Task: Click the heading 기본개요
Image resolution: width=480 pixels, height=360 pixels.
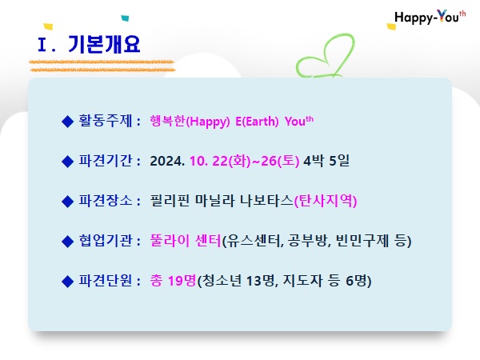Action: [104, 44]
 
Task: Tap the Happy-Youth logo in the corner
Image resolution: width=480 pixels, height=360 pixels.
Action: [430, 17]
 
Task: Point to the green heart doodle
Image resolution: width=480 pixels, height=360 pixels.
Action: [326, 56]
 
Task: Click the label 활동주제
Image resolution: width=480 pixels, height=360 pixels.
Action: [106, 121]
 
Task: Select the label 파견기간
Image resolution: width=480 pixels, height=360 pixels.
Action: [106, 161]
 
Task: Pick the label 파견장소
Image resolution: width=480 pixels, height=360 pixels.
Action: [106, 201]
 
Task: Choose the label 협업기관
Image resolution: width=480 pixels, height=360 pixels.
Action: [106, 240]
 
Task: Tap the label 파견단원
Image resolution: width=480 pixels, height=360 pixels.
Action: [106, 280]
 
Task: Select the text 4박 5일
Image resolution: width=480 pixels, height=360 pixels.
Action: [326, 161]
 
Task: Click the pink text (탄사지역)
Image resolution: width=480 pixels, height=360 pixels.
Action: [326, 201]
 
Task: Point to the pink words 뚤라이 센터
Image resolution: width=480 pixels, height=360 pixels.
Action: [186, 240]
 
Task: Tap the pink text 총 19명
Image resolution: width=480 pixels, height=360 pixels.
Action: [173, 281]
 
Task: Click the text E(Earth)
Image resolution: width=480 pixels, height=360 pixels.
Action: [257, 122]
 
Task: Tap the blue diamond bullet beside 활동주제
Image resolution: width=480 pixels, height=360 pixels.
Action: [67, 122]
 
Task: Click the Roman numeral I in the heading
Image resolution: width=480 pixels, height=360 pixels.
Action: [42, 45]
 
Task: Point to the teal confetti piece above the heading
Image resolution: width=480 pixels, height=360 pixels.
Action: [125, 18]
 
